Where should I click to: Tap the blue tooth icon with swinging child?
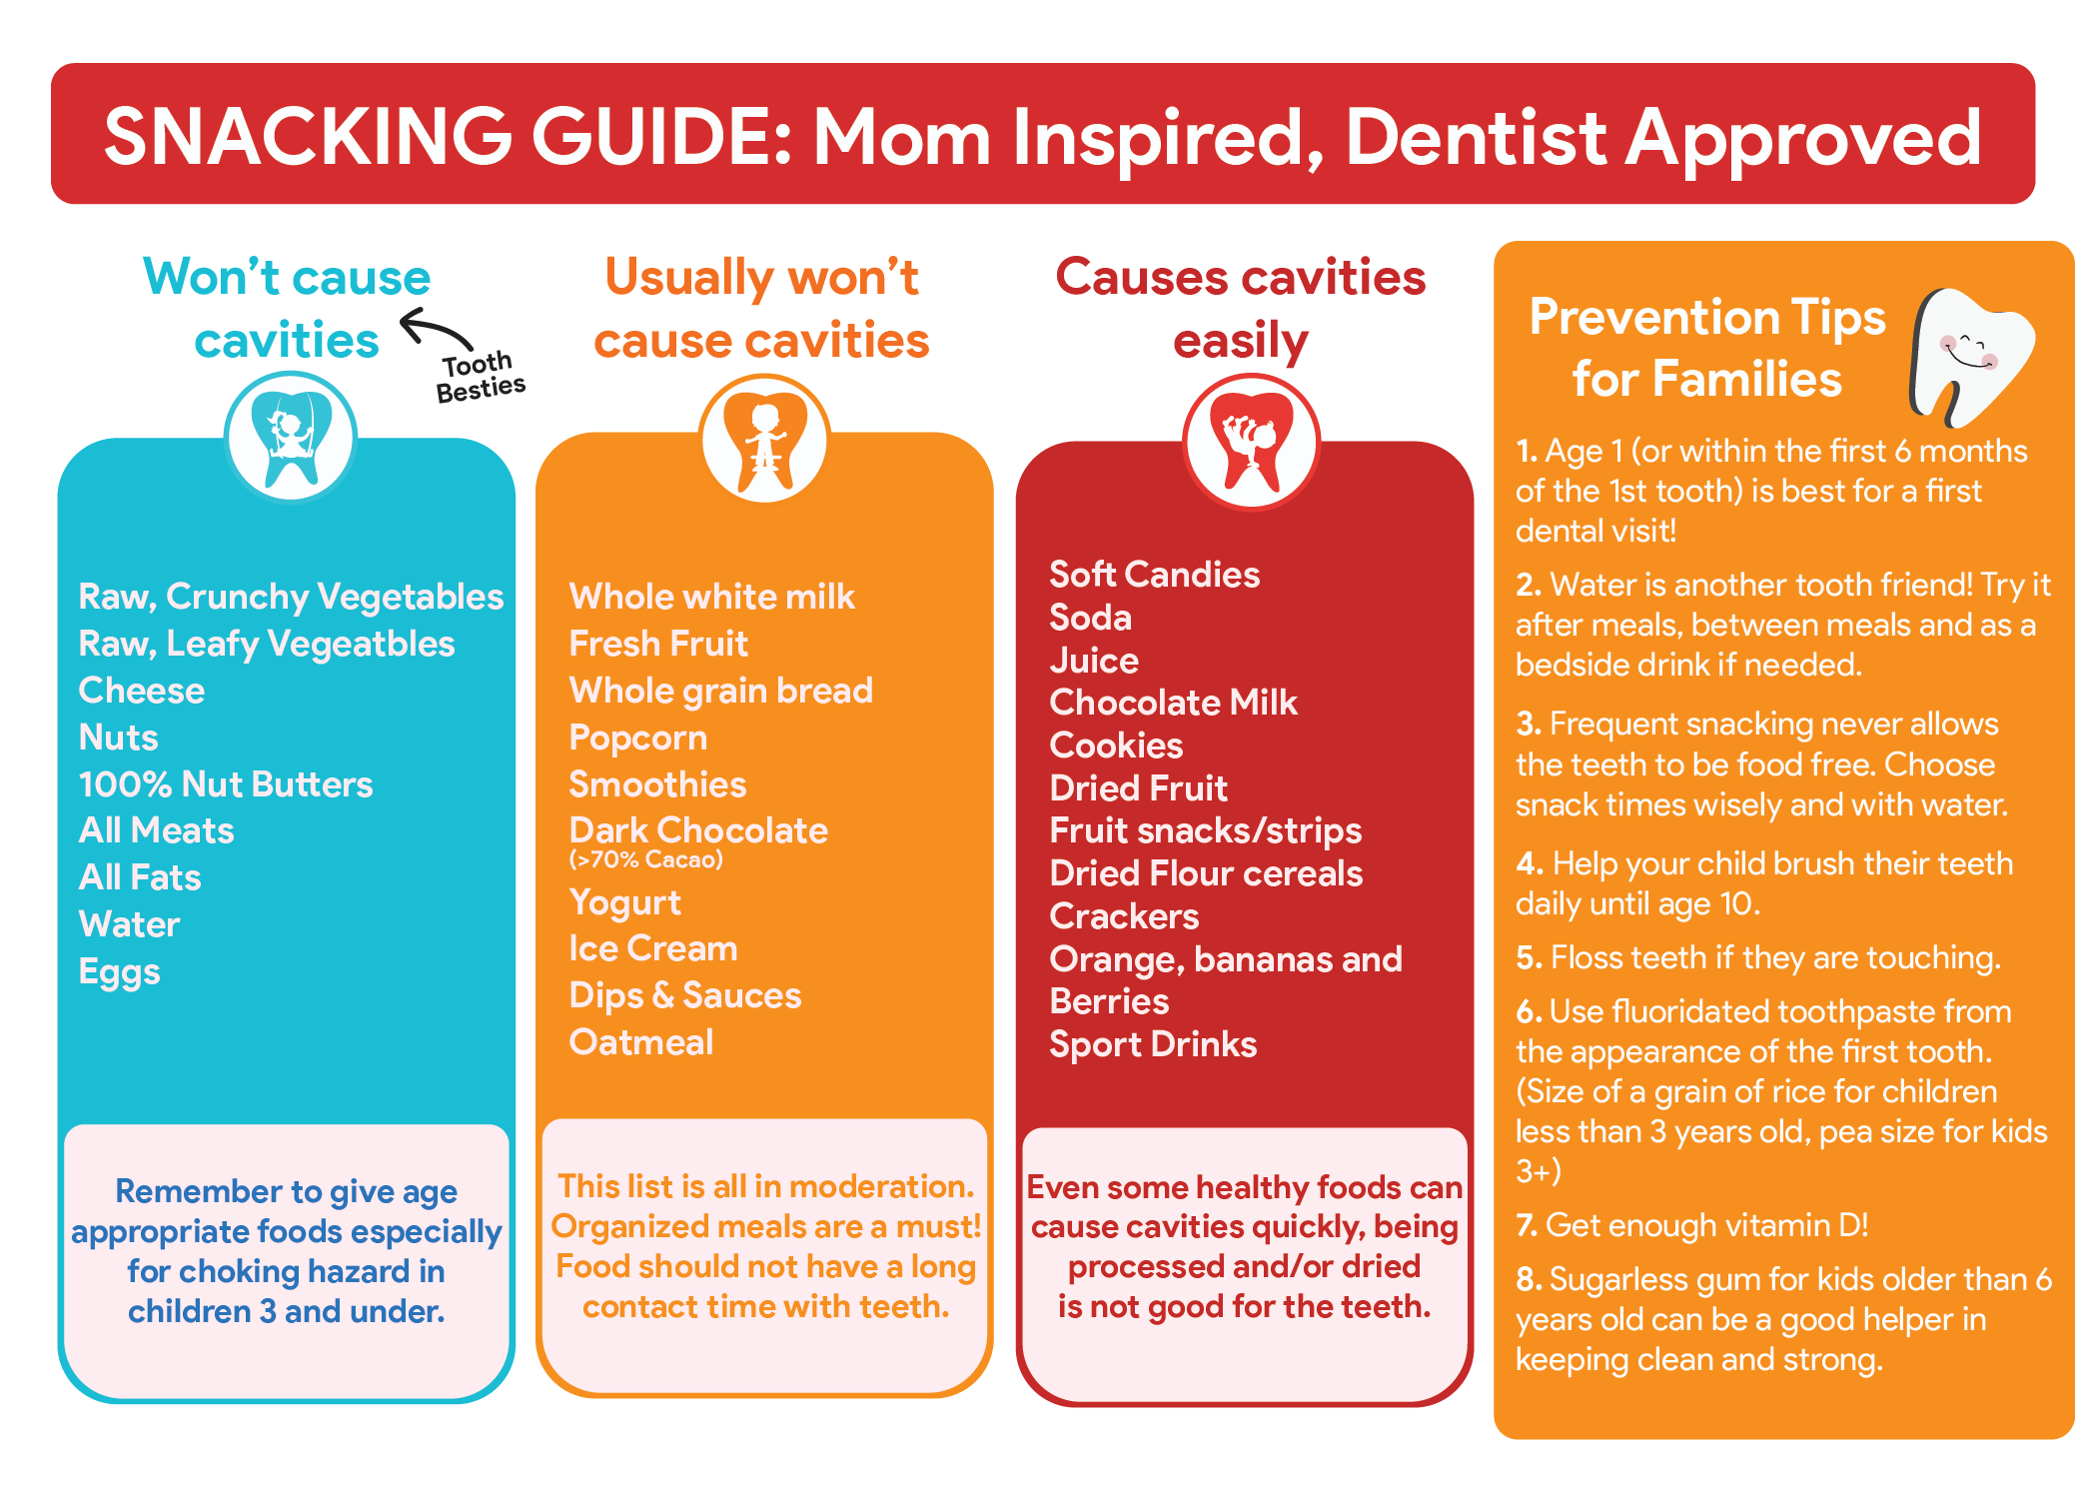[x=291, y=438]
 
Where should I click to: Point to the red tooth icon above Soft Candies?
[x=1251, y=442]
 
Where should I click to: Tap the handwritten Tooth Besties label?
[x=480, y=376]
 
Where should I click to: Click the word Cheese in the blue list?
[x=142, y=691]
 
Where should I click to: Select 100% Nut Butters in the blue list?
[x=226, y=784]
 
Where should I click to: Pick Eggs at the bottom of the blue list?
[x=120, y=972]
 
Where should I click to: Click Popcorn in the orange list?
[x=638, y=739]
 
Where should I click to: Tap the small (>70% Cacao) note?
[x=646, y=859]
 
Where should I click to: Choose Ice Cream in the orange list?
[x=653, y=948]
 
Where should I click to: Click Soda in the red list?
[x=1091, y=618]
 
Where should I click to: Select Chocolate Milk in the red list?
[x=1174, y=703]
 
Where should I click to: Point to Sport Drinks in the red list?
[x=1154, y=1045]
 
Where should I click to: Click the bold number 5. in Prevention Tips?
[x=1529, y=958]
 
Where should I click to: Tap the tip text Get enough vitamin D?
[x=1707, y=1225]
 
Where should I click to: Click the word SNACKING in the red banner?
[x=309, y=136]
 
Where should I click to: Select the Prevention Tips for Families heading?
[x=1707, y=348]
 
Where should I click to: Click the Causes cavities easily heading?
[x=1241, y=309]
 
